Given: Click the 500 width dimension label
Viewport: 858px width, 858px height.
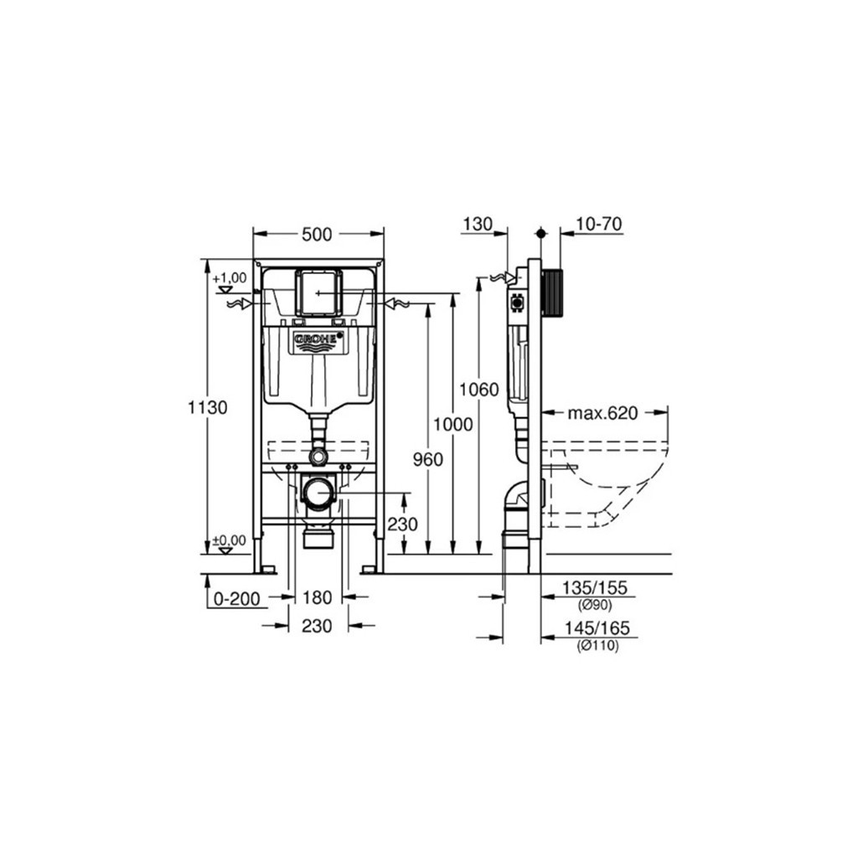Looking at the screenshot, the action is coord(317,235).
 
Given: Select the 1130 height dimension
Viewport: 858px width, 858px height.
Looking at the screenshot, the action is coord(208,408).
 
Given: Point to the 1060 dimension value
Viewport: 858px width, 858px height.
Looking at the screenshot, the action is coord(478,390).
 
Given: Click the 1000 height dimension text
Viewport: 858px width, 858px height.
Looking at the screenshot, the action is coord(453,424).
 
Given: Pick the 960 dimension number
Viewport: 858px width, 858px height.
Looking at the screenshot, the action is coord(428,460).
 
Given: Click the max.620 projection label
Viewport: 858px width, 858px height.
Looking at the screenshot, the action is coord(602,412).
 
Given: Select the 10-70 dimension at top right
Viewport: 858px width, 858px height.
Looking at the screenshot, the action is coord(599,225).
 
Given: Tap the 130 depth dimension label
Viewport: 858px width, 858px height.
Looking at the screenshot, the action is coord(478,225).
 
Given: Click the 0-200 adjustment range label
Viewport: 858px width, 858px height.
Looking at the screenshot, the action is coord(237,599).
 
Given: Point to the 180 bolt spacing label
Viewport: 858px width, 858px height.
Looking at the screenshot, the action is coord(318,597).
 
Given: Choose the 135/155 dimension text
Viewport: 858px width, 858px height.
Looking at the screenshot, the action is coord(595,588).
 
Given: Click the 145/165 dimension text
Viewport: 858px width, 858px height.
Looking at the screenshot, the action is coord(597,628).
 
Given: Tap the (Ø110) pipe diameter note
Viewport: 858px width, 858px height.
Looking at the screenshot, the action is coord(597,646).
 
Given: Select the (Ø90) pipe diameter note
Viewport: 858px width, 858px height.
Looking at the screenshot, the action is coord(595,605).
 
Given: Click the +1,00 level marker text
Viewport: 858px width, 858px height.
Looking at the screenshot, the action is coord(230,278).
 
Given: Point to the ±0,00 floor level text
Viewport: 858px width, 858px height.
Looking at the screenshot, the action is coord(230,540).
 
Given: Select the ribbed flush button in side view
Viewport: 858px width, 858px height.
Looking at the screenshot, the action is coord(551,292).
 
